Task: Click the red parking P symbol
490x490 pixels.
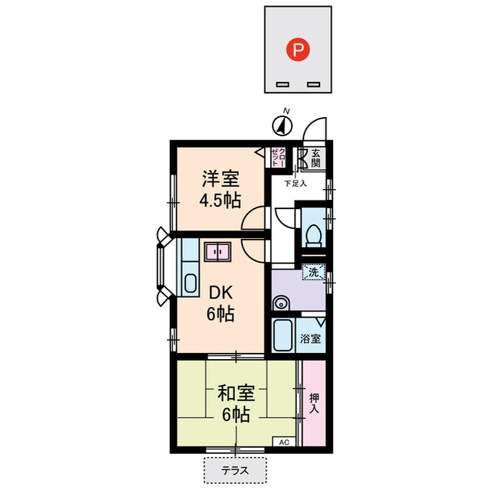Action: click(299, 51)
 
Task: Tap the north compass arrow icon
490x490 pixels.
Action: click(283, 123)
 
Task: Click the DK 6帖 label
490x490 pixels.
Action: click(219, 302)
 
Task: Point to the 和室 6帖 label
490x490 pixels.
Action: click(235, 404)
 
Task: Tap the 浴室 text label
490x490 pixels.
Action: click(311, 338)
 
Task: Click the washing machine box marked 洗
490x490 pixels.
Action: click(315, 271)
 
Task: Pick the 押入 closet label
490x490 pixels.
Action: click(314, 404)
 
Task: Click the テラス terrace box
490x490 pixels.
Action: click(234, 470)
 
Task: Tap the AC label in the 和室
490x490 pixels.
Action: click(283, 443)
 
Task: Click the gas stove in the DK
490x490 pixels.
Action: click(219, 252)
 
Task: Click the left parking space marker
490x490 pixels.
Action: click(282, 83)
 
